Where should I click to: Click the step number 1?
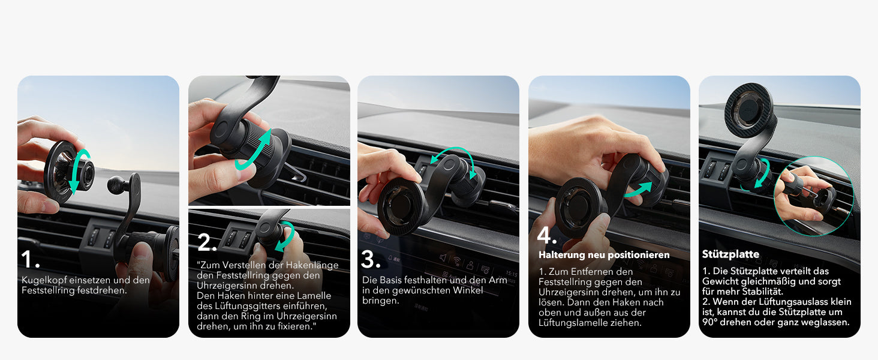point(30,259)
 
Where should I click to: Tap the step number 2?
point(207,242)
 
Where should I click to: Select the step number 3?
point(371,259)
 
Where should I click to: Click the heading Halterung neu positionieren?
point(604,255)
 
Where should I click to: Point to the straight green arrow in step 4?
point(638,190)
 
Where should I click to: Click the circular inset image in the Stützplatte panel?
point(813,188)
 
